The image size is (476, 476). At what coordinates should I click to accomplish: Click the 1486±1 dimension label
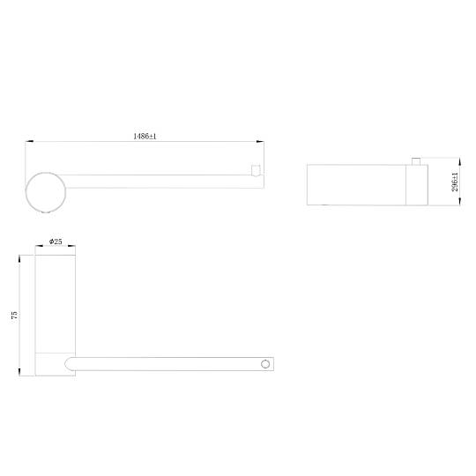pyautogui.click(x=145, y=136)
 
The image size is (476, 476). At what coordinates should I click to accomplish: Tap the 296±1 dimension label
pyautogui.click(x=455, y=182)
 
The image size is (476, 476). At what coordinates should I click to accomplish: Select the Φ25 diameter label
pyautogui.click(x=56, y=242)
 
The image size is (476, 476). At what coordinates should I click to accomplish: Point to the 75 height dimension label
pyautogui.click(x=14, y=315)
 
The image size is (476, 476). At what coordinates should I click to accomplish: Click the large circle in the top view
pyautogui.click(x=46, y=173)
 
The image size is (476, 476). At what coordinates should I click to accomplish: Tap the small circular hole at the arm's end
pyautogui.click(x=265, y=364)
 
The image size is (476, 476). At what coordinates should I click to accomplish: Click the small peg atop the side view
pyautogui.click(x=416, y=161)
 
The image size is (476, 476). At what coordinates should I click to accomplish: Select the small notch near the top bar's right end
pyautogui.click(x=256, y=170)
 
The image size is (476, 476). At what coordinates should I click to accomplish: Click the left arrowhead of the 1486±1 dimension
pyautogui.click(x=29, y=141)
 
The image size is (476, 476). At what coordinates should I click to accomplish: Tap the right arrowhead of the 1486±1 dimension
pyautogui.click(x=260, y=141)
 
